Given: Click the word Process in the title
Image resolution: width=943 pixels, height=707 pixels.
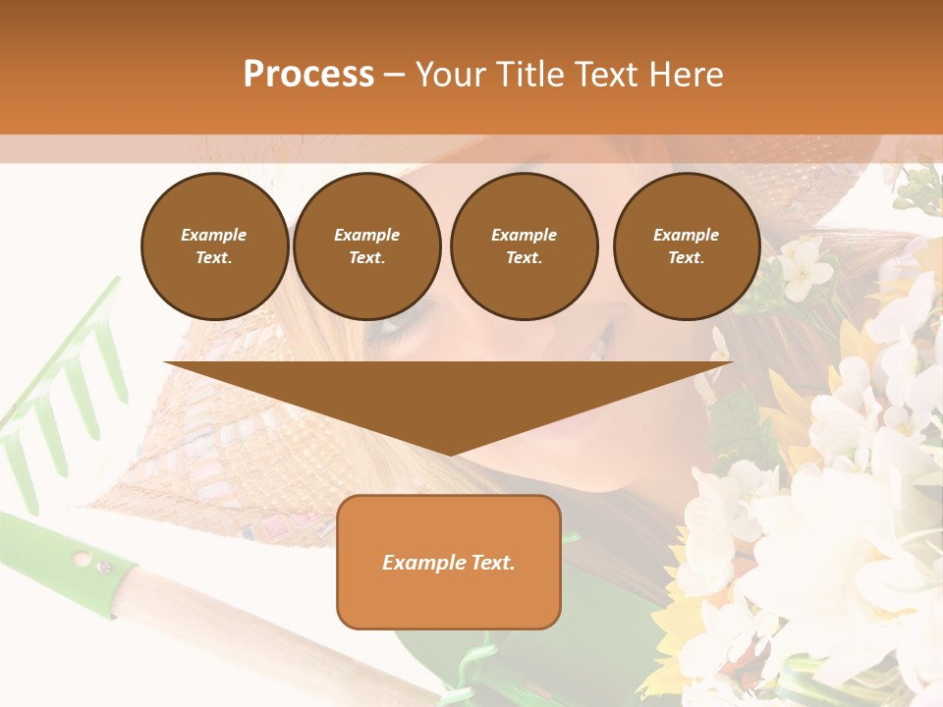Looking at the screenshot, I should tap(308, 75).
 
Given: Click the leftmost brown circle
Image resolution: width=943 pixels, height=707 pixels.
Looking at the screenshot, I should tap(215, 246).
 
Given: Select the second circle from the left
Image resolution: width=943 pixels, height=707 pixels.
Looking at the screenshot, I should tap(367, 246).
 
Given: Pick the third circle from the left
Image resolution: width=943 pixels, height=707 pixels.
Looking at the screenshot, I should tap(524, 246).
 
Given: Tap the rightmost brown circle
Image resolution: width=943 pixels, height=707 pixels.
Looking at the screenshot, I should tap(687, 246).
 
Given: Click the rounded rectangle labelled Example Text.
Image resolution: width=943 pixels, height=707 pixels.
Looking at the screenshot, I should tap(449, 562).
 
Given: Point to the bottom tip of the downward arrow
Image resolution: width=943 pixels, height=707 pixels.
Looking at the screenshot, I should tap(449, 453).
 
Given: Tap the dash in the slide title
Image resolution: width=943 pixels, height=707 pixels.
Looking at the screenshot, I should tap(394, 76).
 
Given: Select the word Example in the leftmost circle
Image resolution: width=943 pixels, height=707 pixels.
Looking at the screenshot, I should tap(214, 235).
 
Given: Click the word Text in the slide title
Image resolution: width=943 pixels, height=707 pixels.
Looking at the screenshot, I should tap(604, 75).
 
